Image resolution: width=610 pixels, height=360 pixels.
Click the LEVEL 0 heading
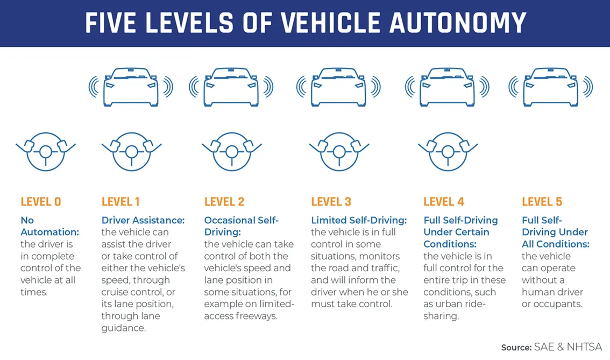pyautogui.click(x=41, y=202)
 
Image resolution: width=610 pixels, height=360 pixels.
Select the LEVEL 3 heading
pyautogui.click(x=331, y=202)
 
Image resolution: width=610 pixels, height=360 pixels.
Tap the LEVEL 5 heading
pyautogui.click(x=542, y=202)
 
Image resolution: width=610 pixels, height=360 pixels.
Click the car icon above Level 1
pyautogui.click(x=131, y=87)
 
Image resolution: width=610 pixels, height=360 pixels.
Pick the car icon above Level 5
pyautogui.click(x=550, y=87)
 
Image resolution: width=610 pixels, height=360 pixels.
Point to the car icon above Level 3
pyautogui.click(x=338, y=87)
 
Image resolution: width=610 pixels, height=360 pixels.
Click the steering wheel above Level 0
pyautogui.click(x=46, y=152)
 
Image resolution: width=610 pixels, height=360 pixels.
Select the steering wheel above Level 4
pyautogui.click(x=448, y=152)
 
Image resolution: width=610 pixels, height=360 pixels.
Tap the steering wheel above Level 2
pyautogui.click(x=232, y=152)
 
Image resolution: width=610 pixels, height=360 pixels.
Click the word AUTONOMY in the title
pyautogui.click(x=458, y=23)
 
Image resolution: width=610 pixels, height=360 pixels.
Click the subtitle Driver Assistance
pyautogui.click(x=143, y=220)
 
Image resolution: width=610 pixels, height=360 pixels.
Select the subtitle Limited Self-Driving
pyautogui.click(x=359, y=220)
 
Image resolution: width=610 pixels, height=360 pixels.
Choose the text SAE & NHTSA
pyautogui.click(x=568, y=347)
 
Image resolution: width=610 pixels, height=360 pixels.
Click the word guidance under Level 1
pyautogui.click(x=124, y=328)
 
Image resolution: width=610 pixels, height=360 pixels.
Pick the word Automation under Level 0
pyautogui.click(x=50, y=232)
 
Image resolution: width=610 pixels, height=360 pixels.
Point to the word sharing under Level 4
pyautogui.click(x=441, y=316)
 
